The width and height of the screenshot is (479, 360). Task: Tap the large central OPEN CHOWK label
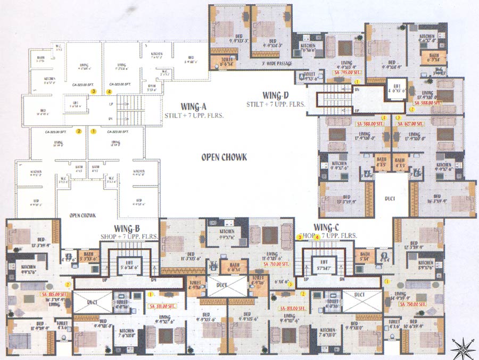223,157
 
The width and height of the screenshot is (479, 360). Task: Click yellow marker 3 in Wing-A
93,92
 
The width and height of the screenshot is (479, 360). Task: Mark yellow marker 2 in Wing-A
79,130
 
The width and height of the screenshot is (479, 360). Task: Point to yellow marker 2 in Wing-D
411,109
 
